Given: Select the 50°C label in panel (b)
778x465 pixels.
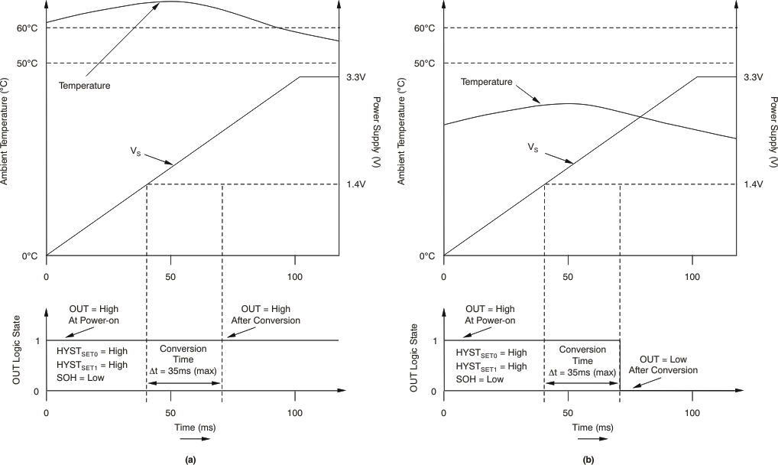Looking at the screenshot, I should click(424, 63).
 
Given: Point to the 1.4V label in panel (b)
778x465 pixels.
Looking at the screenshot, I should click(753, 184).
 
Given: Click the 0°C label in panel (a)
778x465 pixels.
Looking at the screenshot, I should click(30, 256).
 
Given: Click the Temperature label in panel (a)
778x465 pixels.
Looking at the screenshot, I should click(85, 86).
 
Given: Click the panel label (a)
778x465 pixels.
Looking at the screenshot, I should click(191, 459).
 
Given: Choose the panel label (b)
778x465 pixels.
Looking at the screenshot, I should click(588, 459).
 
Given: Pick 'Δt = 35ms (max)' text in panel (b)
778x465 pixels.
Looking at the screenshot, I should click(582, 372).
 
